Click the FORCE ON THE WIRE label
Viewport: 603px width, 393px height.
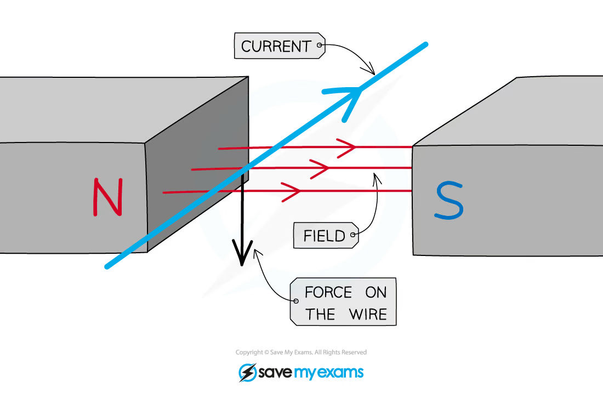click(344, 302)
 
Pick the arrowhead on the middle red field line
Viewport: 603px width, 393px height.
click(320, 169)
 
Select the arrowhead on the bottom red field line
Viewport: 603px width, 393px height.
click(293, 192)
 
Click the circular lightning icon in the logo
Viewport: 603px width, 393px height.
click(247, 373)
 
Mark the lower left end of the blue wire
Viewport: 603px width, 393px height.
click(107, 267)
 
